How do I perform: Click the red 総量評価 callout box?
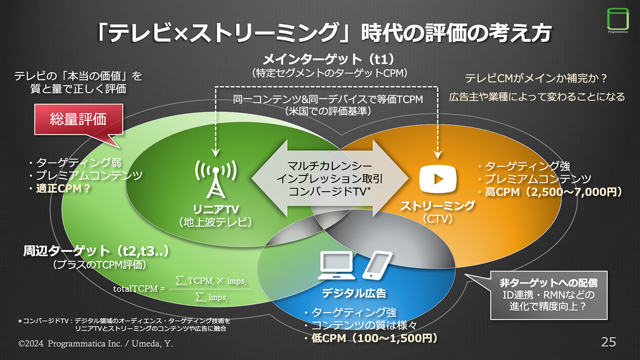pos(78,120)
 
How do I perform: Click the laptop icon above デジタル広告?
pos(337,266)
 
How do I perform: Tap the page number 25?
pos(608,342)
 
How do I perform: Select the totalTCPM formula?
pos(181,289)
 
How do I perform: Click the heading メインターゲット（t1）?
pos(329,60)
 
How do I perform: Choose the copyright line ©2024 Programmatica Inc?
pos(96,343)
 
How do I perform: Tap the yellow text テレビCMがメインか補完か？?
pos(536,78)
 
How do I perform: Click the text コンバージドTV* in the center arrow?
pos(330,192)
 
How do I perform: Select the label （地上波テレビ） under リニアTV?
pos(216,222)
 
